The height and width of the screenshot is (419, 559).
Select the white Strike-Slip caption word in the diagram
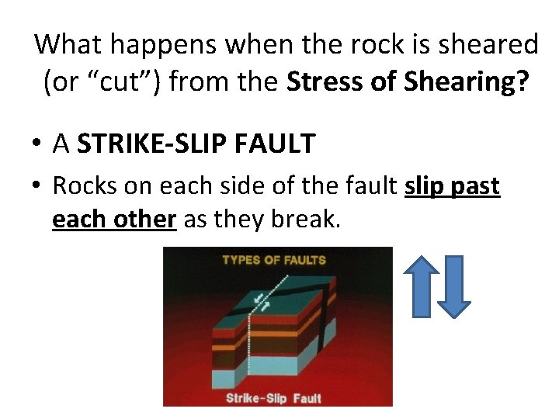pyautogui.click(x=255, y=398)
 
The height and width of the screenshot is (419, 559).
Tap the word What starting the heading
pyautogui.click(x=68, y=44)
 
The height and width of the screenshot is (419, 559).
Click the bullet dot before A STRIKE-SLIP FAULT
pyautogui.click(x=37, y=144)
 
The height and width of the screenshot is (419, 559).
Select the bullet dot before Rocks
pyautogui.click(x=37, y=187)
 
